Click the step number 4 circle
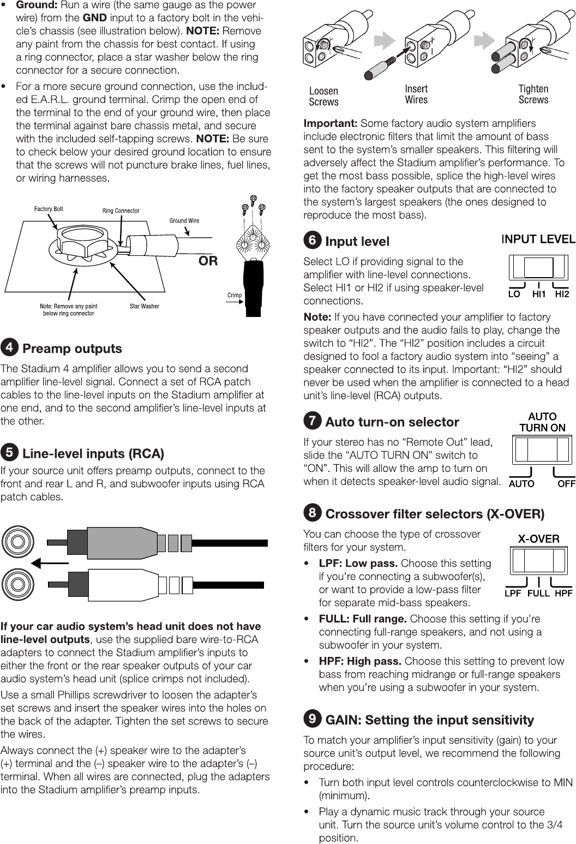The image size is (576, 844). (9, 348)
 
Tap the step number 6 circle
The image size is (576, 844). (312, 241)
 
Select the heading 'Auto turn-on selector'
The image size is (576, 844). (392, 422)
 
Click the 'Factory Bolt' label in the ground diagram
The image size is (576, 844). (49, 209)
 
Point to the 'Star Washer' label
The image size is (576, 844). (145, 306)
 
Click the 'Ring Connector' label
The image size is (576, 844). (121, 211)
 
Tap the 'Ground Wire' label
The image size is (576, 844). (184, 220)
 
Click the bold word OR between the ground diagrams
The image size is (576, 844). (208, 261)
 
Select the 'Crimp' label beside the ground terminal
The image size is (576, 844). (235, 295)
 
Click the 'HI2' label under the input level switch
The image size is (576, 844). (562, 294)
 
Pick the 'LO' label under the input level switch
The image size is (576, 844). (514, 294)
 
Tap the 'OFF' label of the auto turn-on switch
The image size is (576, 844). (566, 483)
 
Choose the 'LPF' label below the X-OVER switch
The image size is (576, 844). (513, 594)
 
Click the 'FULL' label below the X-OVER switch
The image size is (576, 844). (538, 594)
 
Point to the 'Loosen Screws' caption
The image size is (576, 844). (323, 96)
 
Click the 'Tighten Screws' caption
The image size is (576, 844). (533, 94)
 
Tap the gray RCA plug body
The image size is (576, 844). (123, 543)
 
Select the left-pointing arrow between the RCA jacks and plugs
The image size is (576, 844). (50, 562)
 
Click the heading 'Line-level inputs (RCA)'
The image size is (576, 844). (93, 453)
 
